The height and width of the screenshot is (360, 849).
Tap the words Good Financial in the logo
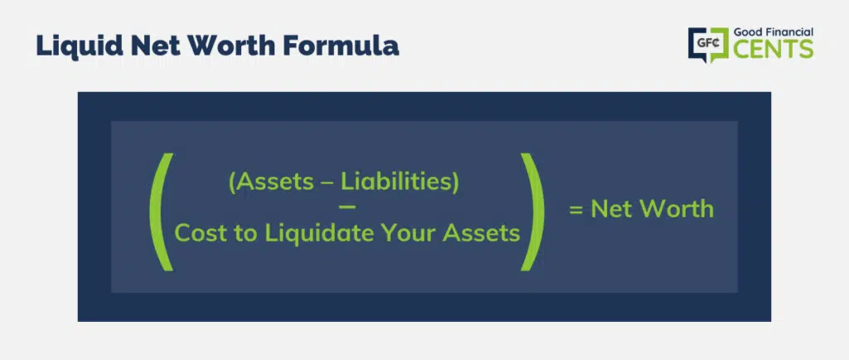point(774,32)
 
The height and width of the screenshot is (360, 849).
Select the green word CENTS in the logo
point(774,49)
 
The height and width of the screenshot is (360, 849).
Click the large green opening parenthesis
point(162,212)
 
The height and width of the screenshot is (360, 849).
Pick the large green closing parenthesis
point(533,212)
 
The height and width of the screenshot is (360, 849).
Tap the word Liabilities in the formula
point(395,182)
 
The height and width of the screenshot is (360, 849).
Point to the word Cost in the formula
point(197,233)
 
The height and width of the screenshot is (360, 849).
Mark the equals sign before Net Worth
point(576,210)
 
